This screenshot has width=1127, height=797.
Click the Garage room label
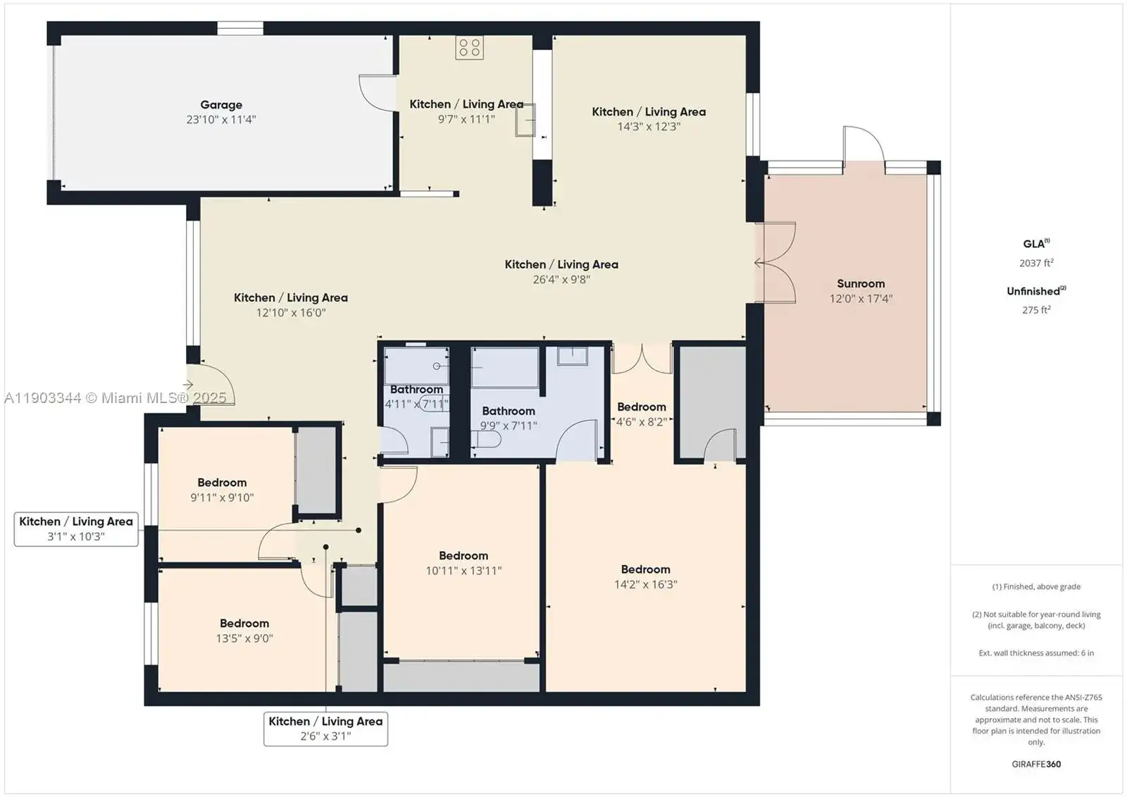[221, 105]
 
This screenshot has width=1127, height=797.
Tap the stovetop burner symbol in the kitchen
[469, 47]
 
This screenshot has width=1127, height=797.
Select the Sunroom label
[860, 283]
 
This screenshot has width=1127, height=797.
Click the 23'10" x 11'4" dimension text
[221, 119]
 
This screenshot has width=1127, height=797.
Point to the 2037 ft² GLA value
[1036, 262]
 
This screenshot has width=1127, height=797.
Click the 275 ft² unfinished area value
[1036, 309]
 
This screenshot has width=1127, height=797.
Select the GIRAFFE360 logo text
[1036, 764]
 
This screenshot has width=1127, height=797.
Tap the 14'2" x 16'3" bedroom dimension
[645, 584]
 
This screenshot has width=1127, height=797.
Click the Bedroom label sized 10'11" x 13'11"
[463, 555]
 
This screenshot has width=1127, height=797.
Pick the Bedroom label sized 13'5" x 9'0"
[244, 624]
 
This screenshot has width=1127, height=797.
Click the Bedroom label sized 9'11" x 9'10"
[222, 482]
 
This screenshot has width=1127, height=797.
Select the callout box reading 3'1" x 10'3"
[76, 529]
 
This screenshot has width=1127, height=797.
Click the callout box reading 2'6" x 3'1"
[325, 729]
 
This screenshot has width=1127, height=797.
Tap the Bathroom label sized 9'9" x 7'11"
[508, 411]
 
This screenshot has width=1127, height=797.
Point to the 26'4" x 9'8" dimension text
[561, 279]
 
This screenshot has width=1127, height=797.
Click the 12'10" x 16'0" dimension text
[291, 312]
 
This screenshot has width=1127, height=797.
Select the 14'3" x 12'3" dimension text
[649, 126]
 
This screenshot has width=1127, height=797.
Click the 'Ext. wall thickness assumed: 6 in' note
[1036, 653]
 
